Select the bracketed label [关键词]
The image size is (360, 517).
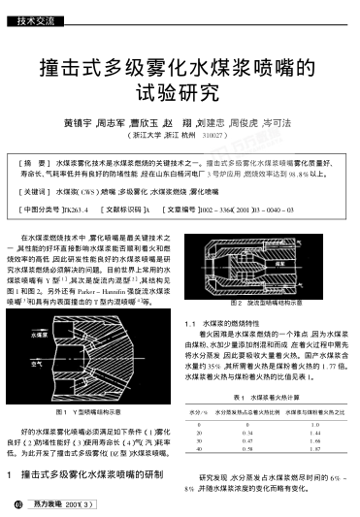tap(39, 194)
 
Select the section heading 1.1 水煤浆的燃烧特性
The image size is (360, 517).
tap(225, 349)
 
